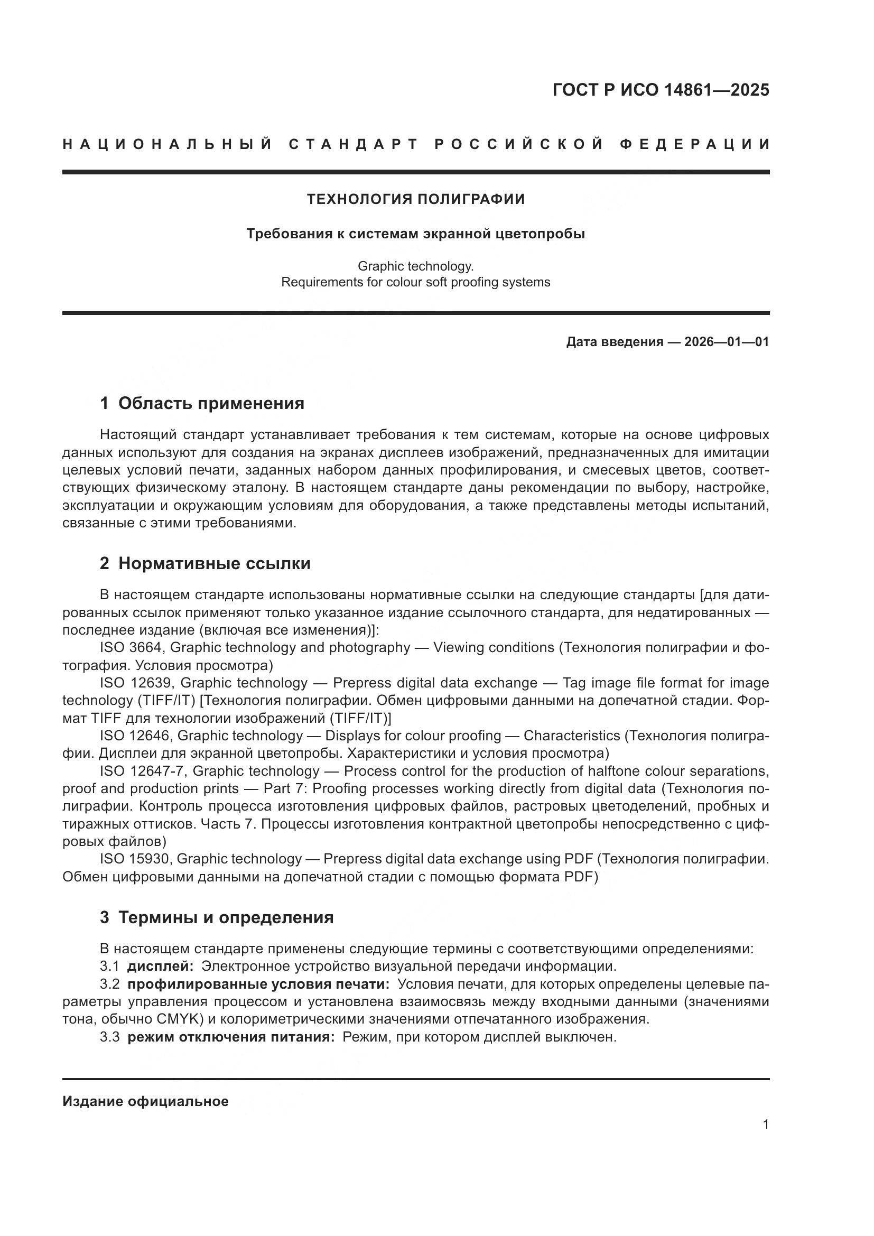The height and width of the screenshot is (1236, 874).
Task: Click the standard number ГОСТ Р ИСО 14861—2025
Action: [x=661, y=90]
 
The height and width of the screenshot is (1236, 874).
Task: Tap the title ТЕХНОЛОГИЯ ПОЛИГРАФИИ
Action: [x=415, y=199]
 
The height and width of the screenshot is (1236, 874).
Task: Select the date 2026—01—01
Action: [x=727, y=342]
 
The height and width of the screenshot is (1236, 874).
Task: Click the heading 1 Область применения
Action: [x=202, y=403]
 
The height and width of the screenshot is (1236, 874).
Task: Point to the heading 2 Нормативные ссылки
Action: [x=205, y=564]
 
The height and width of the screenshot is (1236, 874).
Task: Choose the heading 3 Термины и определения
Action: [x=216, y=917]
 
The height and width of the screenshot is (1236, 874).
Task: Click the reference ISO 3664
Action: [x=130, y=648]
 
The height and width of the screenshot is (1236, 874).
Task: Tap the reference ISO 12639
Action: [x=135, y=683]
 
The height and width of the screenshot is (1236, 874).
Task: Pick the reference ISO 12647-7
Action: [x=143, y=772]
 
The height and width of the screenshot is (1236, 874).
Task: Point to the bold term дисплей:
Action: [x=160, y=967]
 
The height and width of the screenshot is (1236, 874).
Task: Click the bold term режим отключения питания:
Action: [x=231, y=1037]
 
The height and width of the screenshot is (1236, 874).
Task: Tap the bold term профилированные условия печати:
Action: [x=258, y=984]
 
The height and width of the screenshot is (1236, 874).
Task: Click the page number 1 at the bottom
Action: [x=765, y=1125]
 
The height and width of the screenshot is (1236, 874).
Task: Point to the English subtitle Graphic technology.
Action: [x=415, y=266]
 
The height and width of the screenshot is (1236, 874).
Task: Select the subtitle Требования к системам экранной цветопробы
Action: [x=415, y=234]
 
